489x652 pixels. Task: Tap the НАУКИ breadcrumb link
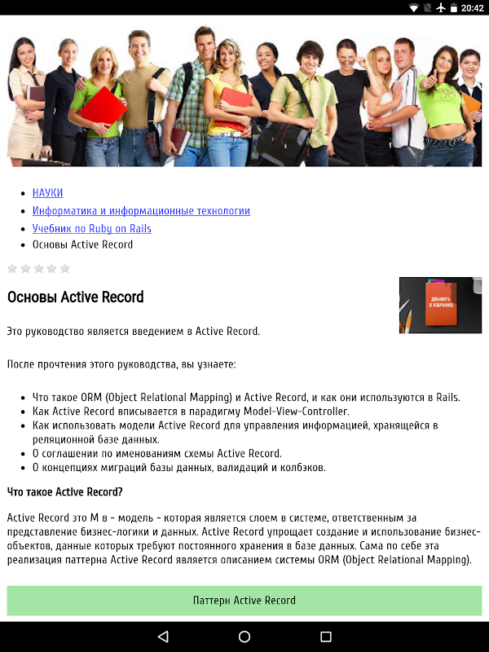pos(47,193)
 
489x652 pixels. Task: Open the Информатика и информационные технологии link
pos(141,211)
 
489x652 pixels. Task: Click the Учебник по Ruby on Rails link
pos(91,229)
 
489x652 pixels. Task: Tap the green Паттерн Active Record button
pos(244,601)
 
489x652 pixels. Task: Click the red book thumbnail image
pos(440,306)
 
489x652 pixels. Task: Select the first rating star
pos(12,268)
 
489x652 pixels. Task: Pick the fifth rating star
pos(64,268)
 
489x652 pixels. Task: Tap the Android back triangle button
pos(163,637)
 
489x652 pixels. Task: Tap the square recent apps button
pos(326,637)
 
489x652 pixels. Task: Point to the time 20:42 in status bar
pos(472,8)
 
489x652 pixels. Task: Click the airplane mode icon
pos(441,8)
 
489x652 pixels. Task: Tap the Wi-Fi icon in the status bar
pos(414,8)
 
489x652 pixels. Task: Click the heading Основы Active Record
pos(76,297)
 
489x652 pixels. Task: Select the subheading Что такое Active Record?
pos(65,491)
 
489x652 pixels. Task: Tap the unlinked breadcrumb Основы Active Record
pos(82,244)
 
